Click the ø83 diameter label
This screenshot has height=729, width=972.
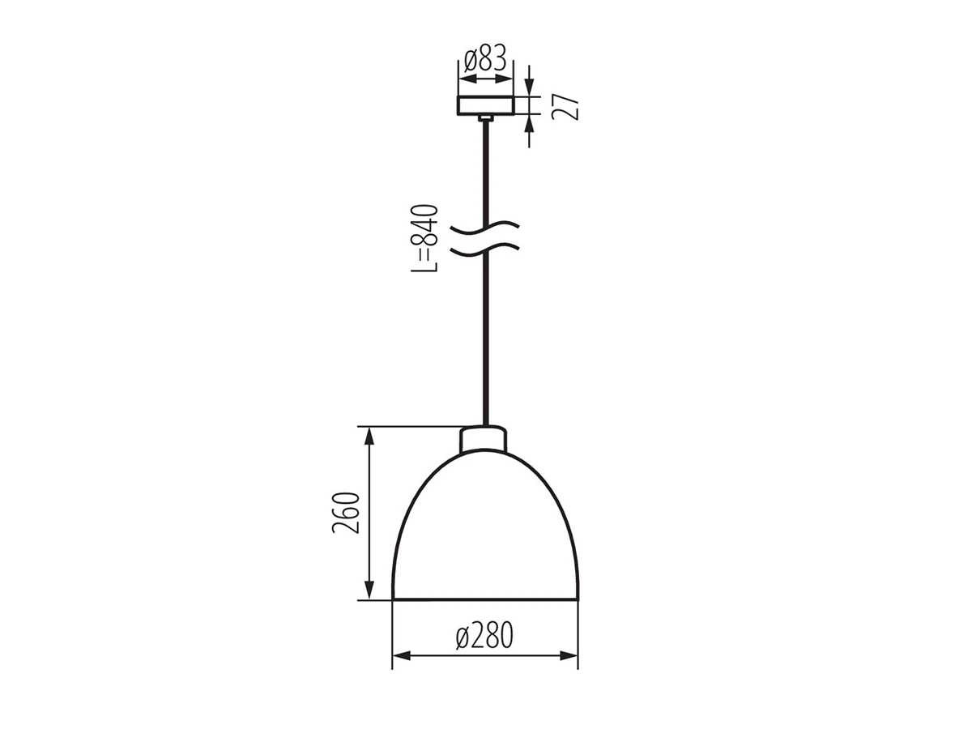coord(485,58)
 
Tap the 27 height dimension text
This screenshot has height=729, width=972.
coord(565,107)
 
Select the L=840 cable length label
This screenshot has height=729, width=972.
coord(424,238)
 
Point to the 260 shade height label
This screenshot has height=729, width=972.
coord(346,513)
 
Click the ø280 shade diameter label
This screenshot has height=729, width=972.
coord(484,635)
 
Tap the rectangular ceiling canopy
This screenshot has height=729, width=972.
coord(486,105)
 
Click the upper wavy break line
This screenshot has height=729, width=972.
coord(485,227)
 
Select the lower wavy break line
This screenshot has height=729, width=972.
coord(485,249)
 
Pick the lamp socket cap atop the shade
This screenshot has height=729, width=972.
coord(483,439)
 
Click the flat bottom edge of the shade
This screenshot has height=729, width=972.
coord(485,599)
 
